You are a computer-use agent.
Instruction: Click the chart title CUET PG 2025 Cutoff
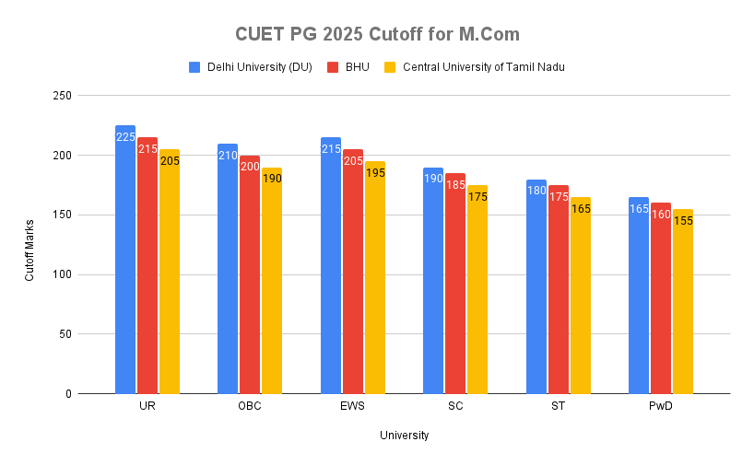point(377,34)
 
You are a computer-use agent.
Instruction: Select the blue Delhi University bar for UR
point(125,267)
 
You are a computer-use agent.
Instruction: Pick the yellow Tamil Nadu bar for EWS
point(374,285)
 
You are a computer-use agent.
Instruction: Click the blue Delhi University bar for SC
point(433,285)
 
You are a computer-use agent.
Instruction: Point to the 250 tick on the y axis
point(62,96)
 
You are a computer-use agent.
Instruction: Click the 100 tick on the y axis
point(62,274)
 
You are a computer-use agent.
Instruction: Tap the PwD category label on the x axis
point(661,407)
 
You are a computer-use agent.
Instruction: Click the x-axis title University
point(404,436)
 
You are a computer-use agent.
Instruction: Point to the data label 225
point(125,137)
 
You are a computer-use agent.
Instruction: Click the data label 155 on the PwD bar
point(682,221)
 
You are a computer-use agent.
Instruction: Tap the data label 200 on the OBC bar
point(250,167)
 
